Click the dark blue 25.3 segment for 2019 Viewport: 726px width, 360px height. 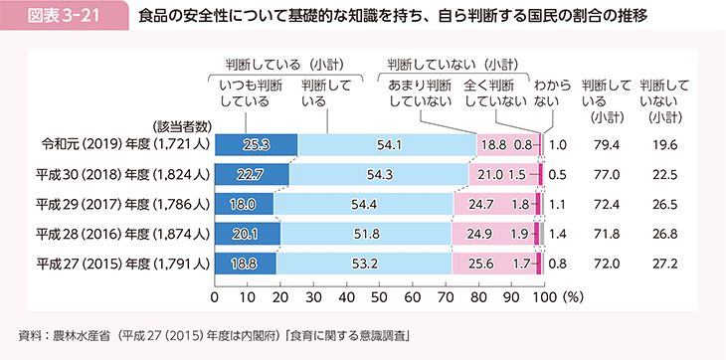click(x=256, y=145)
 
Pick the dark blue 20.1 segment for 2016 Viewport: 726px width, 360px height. click(x=248, y=234)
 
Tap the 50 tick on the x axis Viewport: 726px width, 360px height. click(x=379, y=296)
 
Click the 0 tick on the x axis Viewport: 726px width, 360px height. click(x=215, y=296)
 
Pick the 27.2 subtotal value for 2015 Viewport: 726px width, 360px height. click(x=656, y=264)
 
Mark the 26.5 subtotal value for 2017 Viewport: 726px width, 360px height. click(x=656, y=205)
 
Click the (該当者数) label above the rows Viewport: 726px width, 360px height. click(x=180, y=125)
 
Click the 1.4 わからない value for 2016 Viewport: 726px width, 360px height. click(x=558, y=234)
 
